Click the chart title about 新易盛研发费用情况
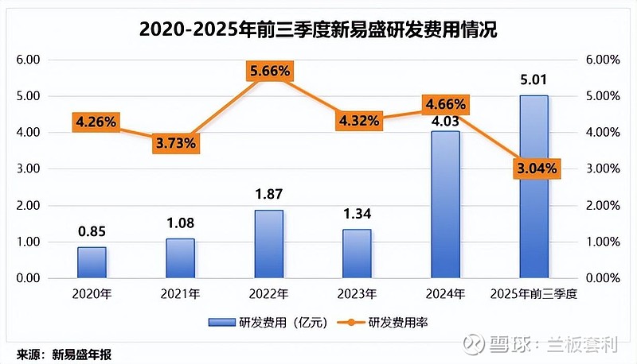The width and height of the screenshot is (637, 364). [318, 29]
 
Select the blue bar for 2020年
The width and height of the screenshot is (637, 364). [92, 262]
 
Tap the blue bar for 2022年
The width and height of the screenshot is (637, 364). [268, 244]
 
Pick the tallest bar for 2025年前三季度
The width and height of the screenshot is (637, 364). [533, 187]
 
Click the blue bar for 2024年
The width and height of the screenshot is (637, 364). [445, 204]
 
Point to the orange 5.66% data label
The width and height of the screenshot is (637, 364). [268, 72]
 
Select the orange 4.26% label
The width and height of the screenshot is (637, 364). [96, 122]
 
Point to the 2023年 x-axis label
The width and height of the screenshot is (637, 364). [357, 294]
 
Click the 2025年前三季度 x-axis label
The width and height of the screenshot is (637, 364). [533, 294]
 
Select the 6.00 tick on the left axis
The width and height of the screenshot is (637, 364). [29, 60]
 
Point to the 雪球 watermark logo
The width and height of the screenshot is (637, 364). [475, 343]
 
